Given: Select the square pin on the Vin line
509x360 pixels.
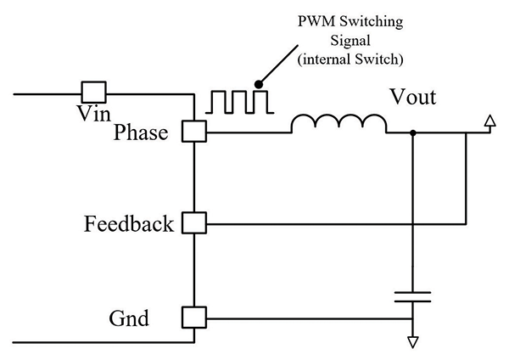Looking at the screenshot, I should pos(93,91).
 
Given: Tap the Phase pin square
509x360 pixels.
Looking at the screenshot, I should pos(195,132).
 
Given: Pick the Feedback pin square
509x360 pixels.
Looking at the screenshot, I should pos(195,224).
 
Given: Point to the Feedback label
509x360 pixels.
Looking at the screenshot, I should pos(129,225).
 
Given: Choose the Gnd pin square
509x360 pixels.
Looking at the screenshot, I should pos(195,318).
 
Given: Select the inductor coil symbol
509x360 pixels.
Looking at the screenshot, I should pos(338,124).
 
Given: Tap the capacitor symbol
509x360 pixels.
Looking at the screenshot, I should pos(412,296).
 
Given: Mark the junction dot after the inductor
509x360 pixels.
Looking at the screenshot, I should pos(412,132).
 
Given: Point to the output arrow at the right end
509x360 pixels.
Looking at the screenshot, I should pos(488,124).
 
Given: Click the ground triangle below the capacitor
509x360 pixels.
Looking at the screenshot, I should pos(412,342).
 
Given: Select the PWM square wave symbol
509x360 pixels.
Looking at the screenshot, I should pos(237,99).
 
